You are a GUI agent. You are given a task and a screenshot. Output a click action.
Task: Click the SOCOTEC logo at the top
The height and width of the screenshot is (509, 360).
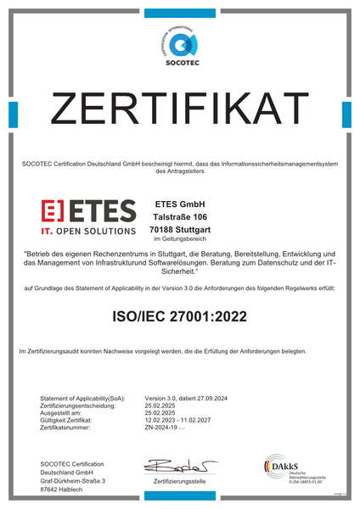click(x=180, y=43)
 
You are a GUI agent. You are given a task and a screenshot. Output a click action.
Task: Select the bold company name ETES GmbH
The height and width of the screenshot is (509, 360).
click(x=179, y=204)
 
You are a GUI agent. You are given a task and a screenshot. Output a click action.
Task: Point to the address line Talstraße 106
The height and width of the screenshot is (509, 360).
click(x=179, y=218)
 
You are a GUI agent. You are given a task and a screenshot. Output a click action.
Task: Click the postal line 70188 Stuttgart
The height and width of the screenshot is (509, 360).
click(x=179, y=230)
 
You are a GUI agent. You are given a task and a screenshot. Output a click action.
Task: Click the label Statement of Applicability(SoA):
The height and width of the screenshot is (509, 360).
click(x=82, y=398)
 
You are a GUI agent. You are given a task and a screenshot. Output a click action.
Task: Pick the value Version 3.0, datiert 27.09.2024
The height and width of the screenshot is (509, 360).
click(x=186, y=398)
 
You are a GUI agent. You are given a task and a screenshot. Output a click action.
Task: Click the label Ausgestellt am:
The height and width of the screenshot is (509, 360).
click(x=61, y=413)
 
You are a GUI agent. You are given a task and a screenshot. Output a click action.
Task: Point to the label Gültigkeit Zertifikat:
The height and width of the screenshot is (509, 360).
click(x=72, y=421)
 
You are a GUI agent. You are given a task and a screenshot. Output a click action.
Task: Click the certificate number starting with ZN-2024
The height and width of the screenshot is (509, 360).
click(x=165, y=428)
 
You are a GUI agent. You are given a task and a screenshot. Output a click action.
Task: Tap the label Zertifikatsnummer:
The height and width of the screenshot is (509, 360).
click(x=69, y=428)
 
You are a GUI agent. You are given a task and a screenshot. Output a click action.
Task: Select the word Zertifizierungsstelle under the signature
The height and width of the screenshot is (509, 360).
click(x=179, y=481)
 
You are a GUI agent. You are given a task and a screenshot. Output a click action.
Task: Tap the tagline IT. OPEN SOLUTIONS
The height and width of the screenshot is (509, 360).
click(x=88, y=230)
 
